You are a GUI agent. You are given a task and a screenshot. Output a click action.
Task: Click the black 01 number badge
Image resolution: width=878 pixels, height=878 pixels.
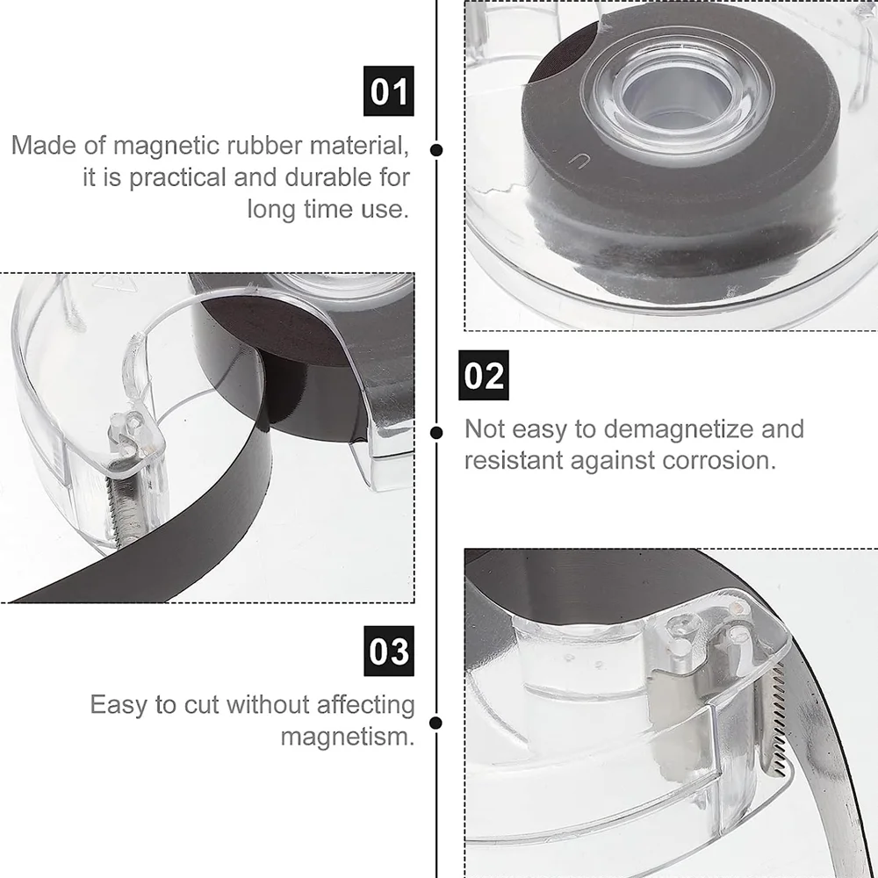click(388, 91)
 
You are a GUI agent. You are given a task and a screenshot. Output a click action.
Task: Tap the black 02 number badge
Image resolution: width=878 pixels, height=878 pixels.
click(484, 375)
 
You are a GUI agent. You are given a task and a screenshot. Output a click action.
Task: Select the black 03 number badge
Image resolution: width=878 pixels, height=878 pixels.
click(388, 651)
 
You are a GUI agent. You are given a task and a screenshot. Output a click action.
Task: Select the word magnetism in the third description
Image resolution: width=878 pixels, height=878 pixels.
click(347, 736)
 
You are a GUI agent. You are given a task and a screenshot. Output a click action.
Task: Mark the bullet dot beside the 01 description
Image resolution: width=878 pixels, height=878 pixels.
click(436, 149)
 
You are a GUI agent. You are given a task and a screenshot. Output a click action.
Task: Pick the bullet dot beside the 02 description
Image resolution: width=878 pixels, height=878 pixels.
click(436, 432)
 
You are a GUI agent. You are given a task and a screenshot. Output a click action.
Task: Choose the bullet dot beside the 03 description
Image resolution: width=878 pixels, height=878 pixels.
click(436, 723)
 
